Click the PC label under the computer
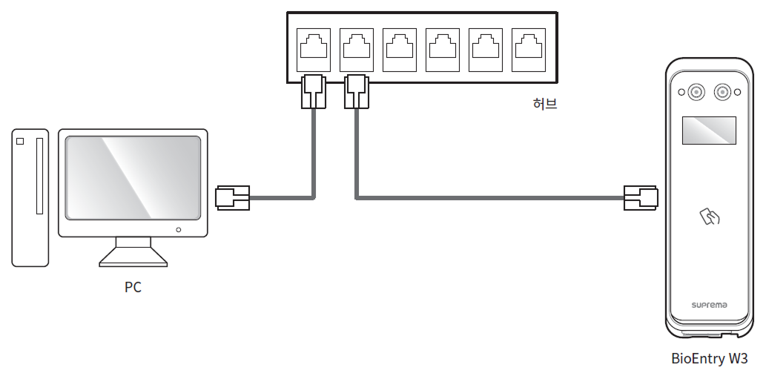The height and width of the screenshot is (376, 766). pyautogui.click(x=133, y=287)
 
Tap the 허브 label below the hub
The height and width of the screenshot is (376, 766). pyautogui.click(x=544, y=104)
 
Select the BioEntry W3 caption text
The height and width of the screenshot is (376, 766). pyautogui.click(x=709, y=359)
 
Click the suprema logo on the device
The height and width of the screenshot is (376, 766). pyautogui.click(x=709, y=305)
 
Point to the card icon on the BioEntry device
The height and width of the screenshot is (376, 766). pyautogui.click(x=710, y=217)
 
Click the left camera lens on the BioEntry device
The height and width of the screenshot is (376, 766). pyautogui.click(x=696, y=92)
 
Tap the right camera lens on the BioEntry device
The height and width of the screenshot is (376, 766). pyautogui.click(x=722, y=92)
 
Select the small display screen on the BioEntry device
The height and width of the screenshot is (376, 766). pyautogui.click(x=709, y=131)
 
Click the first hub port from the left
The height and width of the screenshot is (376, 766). pyautogui.click(x=312, y=47)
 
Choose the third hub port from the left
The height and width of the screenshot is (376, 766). pyautogui.click(x=400, y=47)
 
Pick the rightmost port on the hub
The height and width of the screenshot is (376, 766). pyautogui.click(x=529, y=47)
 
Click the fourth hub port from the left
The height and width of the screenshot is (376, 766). pyautogui.click(x=443, y=47)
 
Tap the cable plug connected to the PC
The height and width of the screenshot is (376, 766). pyautogui.click(x=232, y=198)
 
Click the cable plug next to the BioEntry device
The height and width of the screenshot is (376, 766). pyautogui.click(x=641, y=198)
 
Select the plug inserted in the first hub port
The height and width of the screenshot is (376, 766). pyautogui.click(x=313, y=91)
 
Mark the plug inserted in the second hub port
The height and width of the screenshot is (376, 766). pyautogui.click(x=357, y=91)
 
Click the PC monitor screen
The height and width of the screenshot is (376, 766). pyautogui.click(x=133, y=177)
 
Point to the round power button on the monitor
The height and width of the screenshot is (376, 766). pyautogui.click(x=178, y=230)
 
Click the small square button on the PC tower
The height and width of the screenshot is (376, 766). pyautogui.click(x=20, y=141)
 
